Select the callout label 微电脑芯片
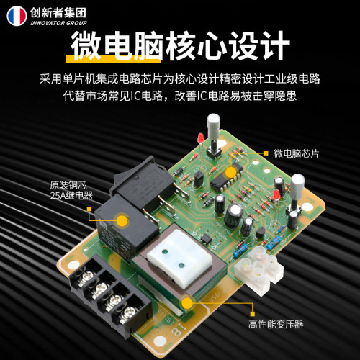pos(296,153)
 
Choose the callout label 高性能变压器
pos(276,325)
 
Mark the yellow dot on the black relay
pos(122,220)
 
